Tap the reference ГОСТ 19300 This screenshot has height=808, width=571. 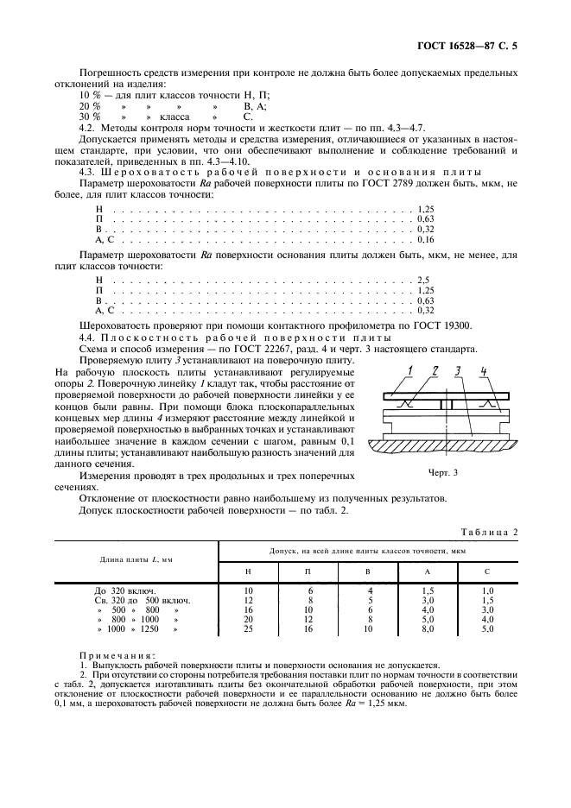(x=395, y=328)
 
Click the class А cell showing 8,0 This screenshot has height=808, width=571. (x=428, y=629)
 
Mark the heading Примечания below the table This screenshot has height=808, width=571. (x=112, y=655)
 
